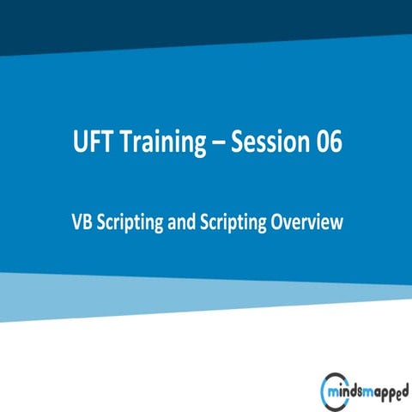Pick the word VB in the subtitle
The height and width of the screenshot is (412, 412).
81,221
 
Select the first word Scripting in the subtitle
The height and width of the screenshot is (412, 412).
127,222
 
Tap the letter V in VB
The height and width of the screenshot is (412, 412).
76,221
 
